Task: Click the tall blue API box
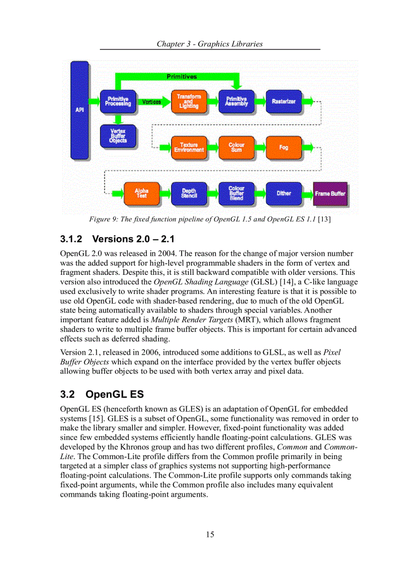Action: coord(80,110)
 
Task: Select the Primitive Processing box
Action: coord(118,101)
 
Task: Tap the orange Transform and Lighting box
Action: coord(189,101)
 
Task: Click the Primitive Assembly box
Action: coord(236,101)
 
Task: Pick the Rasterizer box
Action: coord(284,101)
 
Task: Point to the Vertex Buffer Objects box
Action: coord(118,136)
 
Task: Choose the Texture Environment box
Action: coord(189,147)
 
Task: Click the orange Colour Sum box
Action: coord(236,147)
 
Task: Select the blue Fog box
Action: coord(284,147)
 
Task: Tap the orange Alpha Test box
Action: coord(142,193)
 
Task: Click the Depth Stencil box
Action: coord(189,193)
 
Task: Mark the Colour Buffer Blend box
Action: coord(236,193)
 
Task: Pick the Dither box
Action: coord(284,193)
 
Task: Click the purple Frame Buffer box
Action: coord(330,194)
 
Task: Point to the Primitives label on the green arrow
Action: coord(182,77)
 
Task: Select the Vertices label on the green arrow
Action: coord(151,102)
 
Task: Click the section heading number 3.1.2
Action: coord(72,239)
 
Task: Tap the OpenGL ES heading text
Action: coord(114,394)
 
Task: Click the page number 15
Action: coord(210,534)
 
